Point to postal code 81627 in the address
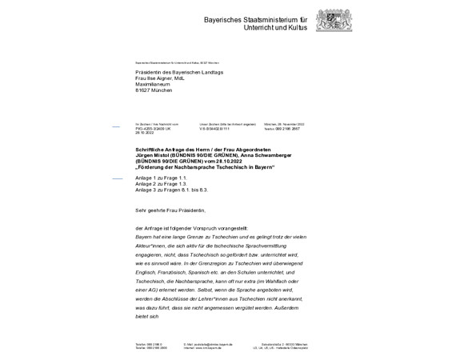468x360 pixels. [x=144, y=91]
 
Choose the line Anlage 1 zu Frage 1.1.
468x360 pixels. [x=161, y=178]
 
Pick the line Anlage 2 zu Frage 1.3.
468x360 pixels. [x=161, y=184]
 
